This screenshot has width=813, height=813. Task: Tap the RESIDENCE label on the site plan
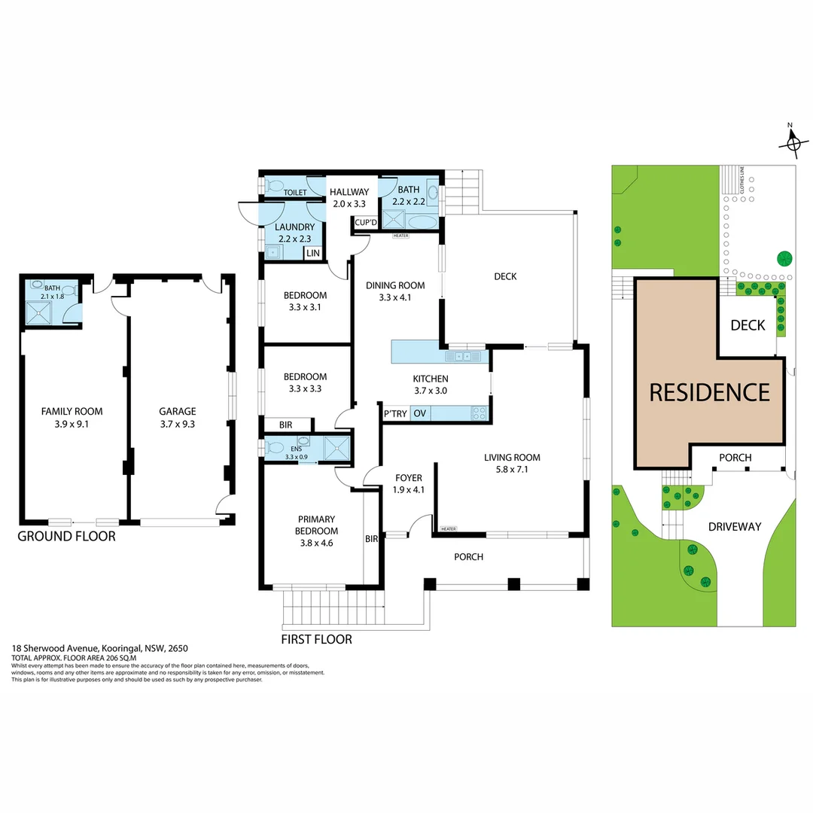tap(709, 392)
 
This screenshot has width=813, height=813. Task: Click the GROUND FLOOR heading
tap(66, 537)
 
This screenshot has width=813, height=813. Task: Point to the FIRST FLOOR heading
tap(316, 640)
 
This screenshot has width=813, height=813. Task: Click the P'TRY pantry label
tap(395, 413)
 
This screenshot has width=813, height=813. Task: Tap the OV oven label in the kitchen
tap(419, 413)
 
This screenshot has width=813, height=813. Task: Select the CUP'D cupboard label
tap(366, 222)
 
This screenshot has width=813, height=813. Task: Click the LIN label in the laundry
tap(312, 253)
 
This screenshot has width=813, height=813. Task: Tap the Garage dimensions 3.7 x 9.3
tap(178, 424)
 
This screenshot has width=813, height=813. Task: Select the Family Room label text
tap(72, 411)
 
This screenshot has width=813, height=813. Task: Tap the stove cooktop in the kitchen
tap(479, 413)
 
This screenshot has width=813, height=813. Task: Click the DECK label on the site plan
tap(748, 324)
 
